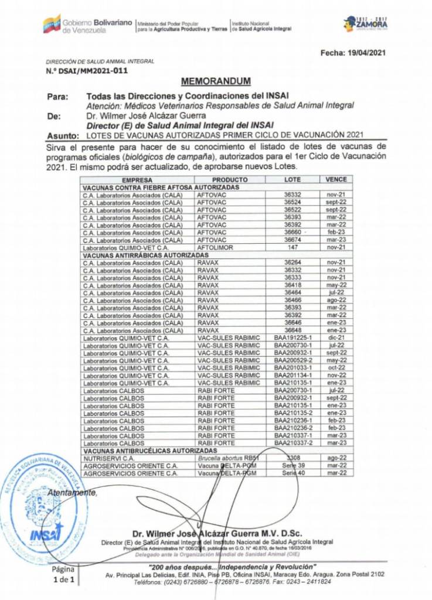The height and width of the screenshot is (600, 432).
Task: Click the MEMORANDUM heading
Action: click(x=216, y=81)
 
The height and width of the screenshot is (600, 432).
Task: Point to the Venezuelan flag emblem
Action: click(x=52, y=24)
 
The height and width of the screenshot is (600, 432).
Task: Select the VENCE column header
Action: click(x=336, y=179)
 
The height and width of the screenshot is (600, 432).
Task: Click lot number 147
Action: click(x=292, y=248)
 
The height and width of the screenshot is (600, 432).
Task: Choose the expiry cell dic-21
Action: click(x=336, y=338)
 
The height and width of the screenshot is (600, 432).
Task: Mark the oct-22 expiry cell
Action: click(x=336, y=368)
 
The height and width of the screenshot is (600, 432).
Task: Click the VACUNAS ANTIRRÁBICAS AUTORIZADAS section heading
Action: click(x=145, y=255)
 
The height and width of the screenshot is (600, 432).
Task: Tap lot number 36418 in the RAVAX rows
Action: click(x=292, y=285)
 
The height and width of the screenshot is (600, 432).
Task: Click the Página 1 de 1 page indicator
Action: click(x=63, y=574)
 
